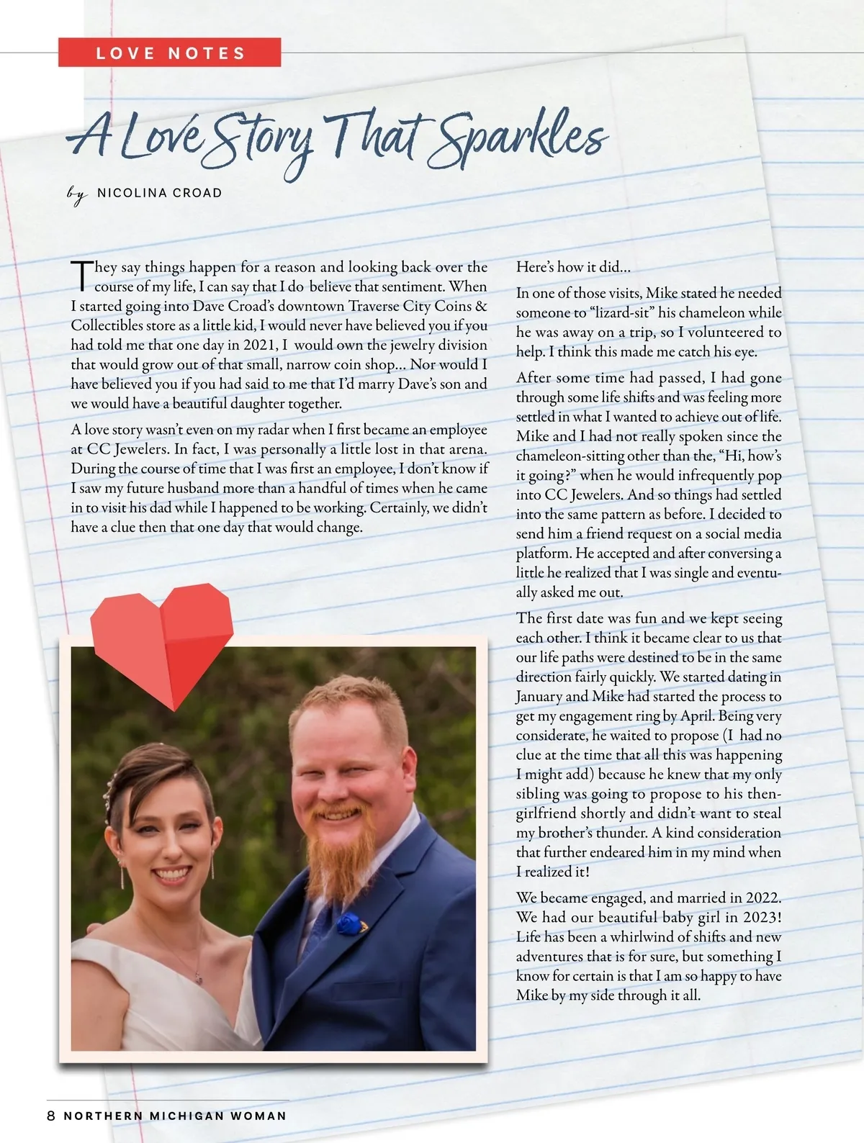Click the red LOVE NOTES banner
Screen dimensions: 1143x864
pos(170,53)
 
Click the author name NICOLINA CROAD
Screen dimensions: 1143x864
pos(159,193)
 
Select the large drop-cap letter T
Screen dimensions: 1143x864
pos(81,276)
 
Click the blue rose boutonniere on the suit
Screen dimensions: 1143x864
pos(348,922)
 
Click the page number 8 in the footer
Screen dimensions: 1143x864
pos(50,1116)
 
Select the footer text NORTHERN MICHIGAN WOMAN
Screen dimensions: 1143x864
pos(175,1116)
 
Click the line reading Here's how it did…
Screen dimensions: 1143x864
pos(573,267)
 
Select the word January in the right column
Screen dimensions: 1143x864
pos(539,697)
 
